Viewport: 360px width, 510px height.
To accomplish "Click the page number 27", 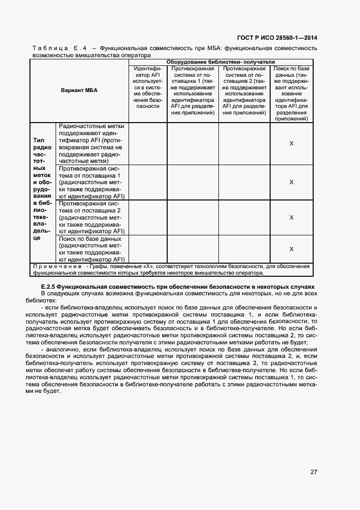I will (x=314, y=472).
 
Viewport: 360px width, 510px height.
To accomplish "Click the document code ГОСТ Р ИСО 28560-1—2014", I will (x=278, y=37).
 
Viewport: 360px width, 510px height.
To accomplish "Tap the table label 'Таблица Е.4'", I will (x=56, y=48).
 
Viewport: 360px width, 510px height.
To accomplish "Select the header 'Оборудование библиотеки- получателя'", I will (x=221, y=62).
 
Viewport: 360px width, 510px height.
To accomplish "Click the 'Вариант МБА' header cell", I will (x=79, y=90).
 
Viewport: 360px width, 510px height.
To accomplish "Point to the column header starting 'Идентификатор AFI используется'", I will (x=148, y=88).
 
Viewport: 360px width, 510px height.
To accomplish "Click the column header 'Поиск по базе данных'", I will (x=291, y=93).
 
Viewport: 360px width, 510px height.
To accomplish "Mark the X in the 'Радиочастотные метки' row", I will (x=291, y=143).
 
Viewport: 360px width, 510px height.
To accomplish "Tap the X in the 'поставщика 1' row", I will (x=291, y=182).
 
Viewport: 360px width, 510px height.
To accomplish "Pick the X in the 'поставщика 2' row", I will (x=291, y=217).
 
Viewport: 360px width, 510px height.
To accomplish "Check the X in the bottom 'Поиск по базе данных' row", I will (x=291, y=249).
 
